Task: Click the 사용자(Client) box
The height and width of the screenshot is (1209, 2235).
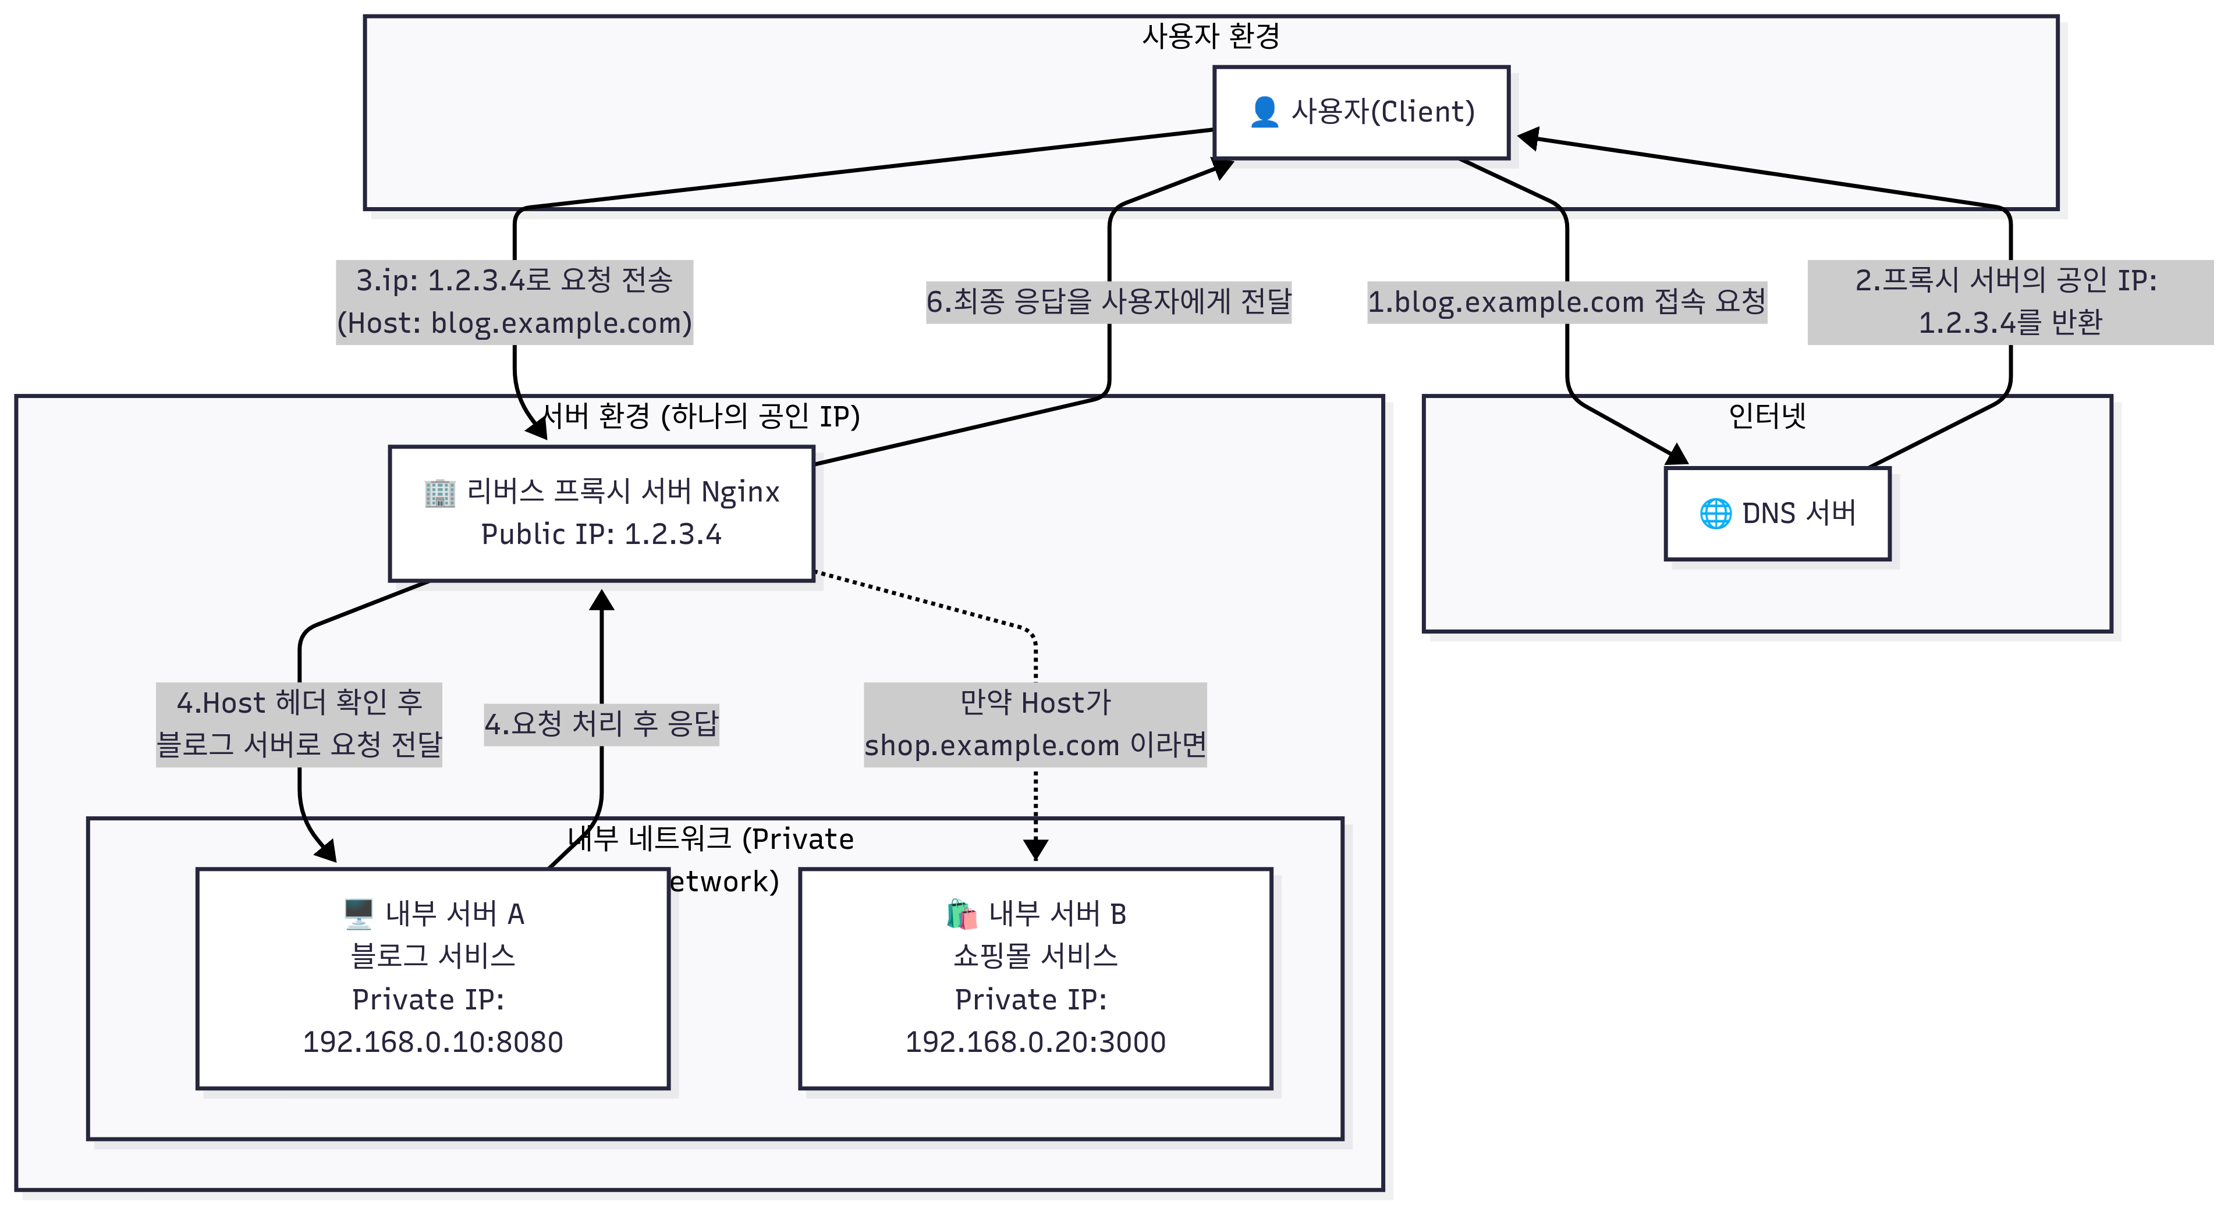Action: [x=1360, y=113]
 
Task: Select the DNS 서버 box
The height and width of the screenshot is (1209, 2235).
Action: [x=1777, y=513]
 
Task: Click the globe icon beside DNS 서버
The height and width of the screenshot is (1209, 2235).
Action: [x=1715, y=513]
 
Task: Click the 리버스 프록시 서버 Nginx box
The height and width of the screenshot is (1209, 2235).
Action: [x=601, y=513]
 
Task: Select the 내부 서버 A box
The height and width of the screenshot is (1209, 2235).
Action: [x=432, y=978]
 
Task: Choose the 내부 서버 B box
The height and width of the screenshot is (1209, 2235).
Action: [x=1035, y=978]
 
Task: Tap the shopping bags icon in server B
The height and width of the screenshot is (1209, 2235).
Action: [x=962, y=914]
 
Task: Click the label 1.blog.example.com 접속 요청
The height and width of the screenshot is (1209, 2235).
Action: [x=1566, y=302]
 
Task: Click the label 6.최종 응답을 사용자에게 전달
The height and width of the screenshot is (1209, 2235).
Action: [x=1108, y=302]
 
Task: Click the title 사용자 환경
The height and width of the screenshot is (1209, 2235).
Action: [x=1211, y=37]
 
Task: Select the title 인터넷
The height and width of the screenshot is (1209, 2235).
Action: [x=1766, y=417]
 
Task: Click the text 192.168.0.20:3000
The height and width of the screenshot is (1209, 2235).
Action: [x=1035, y=1041]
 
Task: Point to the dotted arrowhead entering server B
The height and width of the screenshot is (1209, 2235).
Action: [x=1035, y=849]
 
